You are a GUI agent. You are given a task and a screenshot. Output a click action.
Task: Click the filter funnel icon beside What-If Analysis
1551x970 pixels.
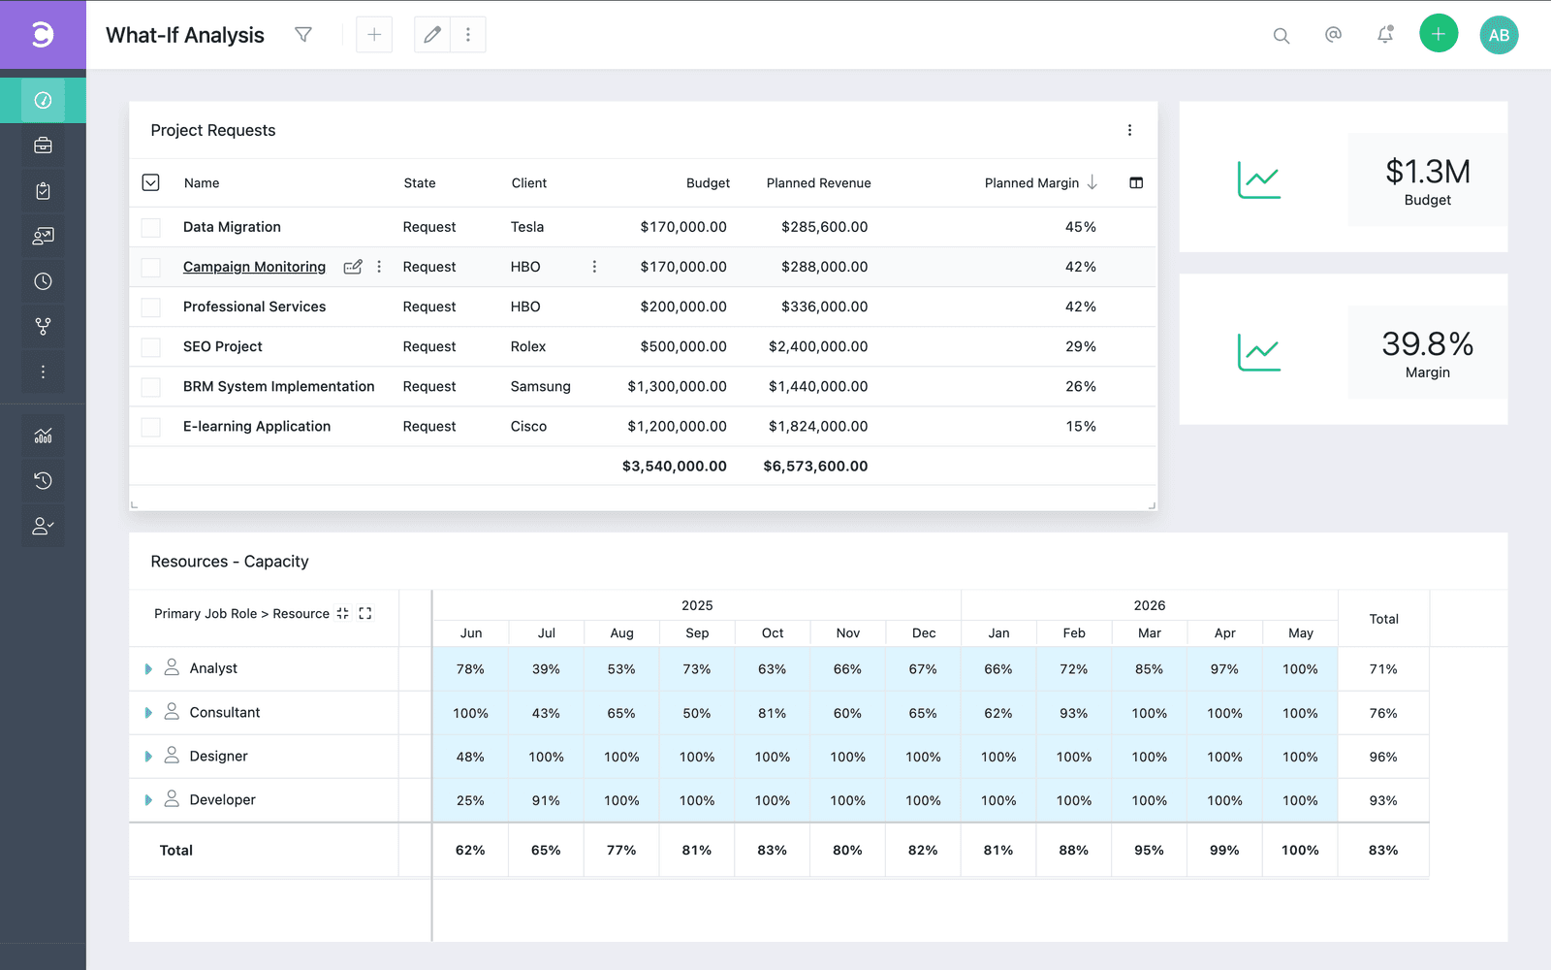(x=303, y=35)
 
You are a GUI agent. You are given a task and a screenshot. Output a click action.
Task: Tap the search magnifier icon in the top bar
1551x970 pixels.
(x=1281, y=35)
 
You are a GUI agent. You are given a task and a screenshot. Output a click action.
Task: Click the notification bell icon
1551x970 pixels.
(x=1385, y=35)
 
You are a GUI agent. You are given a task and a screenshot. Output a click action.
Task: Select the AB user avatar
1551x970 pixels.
(x=1499, y=35)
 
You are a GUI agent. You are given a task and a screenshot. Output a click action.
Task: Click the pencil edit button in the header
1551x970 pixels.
(x=432, y=35)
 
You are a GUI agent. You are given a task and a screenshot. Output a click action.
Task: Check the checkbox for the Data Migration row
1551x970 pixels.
(x=151, y=227)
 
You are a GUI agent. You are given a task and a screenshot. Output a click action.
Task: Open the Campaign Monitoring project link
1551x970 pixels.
(x=254, y=267)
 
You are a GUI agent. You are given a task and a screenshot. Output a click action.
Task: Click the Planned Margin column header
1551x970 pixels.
(x=1031, y=183)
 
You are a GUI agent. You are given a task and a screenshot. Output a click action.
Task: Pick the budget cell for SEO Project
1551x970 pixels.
(x=683, y=346)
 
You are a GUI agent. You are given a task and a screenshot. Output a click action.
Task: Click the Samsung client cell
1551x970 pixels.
(x=540, y=387)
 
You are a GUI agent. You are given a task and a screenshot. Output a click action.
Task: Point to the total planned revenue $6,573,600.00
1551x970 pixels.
(x=815, y=467)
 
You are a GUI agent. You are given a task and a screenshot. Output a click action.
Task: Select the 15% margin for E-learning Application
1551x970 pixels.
(x=1080, y=427)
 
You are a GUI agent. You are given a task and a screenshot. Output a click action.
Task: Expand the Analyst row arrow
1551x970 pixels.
(x=148, y=668)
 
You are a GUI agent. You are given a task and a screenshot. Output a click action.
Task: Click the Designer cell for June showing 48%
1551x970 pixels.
(x=470, y=757)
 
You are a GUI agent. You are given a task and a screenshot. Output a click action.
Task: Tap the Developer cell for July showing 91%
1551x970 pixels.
(x=546, y=800)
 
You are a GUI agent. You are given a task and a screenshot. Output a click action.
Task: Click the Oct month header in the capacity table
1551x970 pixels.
(x=772, y=633)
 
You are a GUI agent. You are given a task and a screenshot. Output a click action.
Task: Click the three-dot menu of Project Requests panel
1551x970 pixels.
(x=1129, y=130)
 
